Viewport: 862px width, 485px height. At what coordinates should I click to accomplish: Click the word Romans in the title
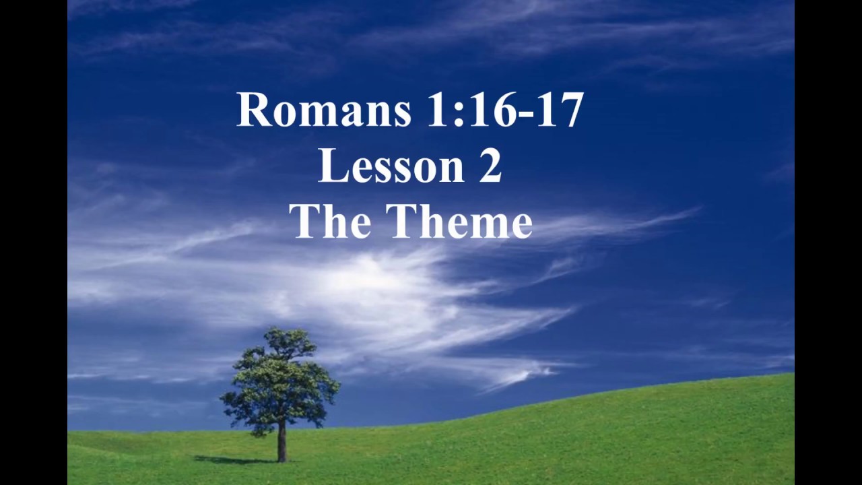(324, 110)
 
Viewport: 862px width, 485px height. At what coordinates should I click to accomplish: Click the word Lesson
(391, 166)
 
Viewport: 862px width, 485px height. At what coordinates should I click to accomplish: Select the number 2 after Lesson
(490, 166)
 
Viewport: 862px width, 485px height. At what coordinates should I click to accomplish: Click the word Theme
(459, 222)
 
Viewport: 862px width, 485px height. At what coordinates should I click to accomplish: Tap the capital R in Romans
(253, 110)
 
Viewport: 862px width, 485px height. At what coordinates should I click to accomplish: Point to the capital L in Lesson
(330, 166)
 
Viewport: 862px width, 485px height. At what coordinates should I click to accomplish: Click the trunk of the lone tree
(281, 441)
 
